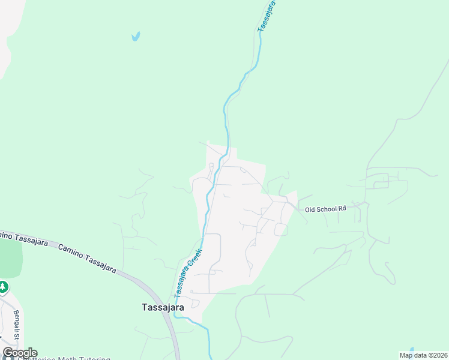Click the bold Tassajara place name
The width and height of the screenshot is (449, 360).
click(163, 307)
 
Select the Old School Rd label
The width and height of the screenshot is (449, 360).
click(326, 209)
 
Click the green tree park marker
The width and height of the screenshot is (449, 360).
click(3, 287)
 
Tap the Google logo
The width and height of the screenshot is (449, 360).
click(20, 353)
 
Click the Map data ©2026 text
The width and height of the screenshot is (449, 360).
click(424, 355)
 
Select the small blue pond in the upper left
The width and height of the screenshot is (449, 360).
click(136, 37)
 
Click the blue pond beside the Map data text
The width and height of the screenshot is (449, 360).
click(412, 350)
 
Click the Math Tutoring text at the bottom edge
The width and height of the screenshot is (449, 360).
click(72, 358)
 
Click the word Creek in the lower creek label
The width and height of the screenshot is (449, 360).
click(193, 262)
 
